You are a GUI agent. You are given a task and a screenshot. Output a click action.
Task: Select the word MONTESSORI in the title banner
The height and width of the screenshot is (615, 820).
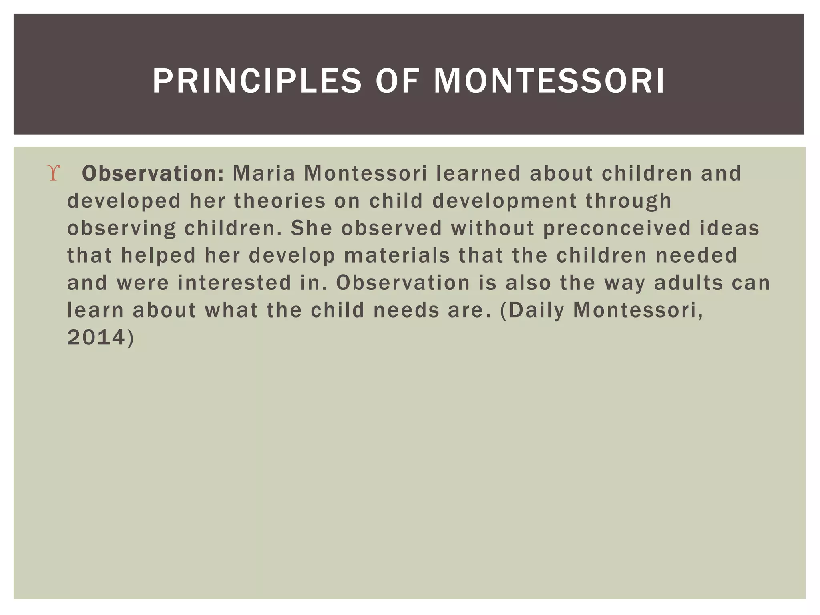(549, 81)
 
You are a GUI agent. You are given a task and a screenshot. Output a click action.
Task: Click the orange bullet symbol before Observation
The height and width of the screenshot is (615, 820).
(54, 174)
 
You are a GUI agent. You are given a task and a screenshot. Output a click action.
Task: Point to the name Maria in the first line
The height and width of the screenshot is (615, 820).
(264, 174)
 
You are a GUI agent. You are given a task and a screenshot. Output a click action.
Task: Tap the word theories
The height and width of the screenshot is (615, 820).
(280, 201)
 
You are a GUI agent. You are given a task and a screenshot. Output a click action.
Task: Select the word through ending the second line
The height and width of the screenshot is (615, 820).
(628, 201)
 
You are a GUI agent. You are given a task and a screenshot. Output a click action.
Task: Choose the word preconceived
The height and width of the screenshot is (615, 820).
(617, 228)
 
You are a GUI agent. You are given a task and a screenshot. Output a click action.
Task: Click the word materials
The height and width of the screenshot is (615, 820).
(397, 255)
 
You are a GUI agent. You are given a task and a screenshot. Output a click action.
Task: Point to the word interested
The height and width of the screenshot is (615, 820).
(234, 283)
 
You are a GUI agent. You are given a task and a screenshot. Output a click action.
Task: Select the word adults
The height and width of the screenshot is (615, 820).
(688, 283)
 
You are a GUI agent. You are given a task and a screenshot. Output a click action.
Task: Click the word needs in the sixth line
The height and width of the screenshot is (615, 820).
(406, 310)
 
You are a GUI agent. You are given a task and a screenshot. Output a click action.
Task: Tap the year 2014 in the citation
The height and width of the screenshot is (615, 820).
(96, 337)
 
